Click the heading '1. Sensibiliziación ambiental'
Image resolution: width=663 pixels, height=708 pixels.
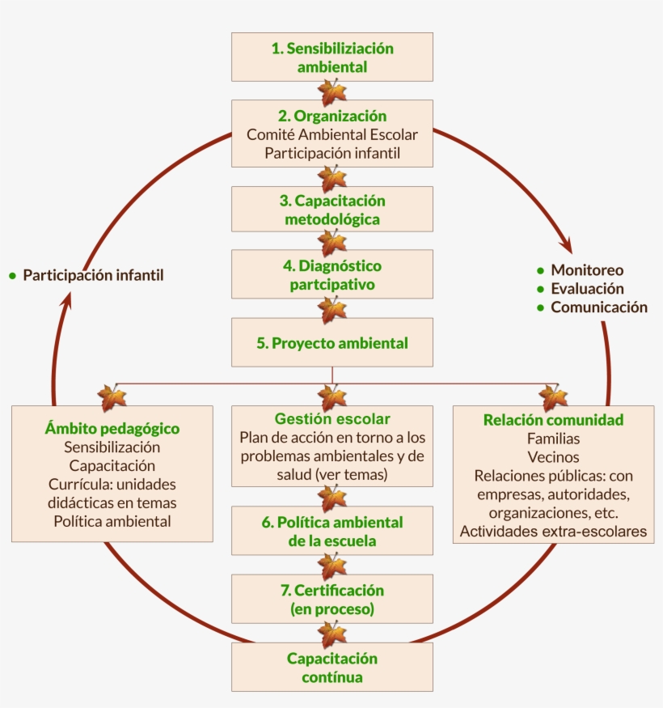pyautogui.click(x=331, y=57)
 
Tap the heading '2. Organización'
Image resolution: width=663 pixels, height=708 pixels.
pyautogui.click(x=331, y=116)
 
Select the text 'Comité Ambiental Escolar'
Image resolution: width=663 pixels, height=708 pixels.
pyautogui.click(x=331, y=134)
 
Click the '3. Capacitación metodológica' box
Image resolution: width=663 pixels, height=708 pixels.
pyautogui.click(x=331, y=209)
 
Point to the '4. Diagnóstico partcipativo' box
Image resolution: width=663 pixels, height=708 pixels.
pyautogui.click(x=331, y=275)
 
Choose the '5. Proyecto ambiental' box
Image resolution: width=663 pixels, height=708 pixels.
pyautogui.click(x=331, y=342)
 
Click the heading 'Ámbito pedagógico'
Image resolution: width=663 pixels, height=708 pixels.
pyautogui.click(x=112, y=428)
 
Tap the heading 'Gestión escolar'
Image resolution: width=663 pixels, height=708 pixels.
pyautogui.click(x=331, y=419)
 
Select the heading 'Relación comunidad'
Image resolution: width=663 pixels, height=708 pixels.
pyautogui.click(x=553, y=420)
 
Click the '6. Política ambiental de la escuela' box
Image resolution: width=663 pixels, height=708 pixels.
pyautogui.click(x=331, y=531)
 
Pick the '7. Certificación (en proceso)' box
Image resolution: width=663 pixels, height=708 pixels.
pyautogui.click(x=331, y=600)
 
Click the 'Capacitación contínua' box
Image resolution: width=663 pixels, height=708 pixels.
pyautogui.click(x=331, y=668)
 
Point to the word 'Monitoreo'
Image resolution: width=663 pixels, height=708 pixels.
pyautogui.click(x=587, y=270)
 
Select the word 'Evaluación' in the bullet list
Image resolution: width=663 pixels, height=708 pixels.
pyautogui.click(x=588, y=289)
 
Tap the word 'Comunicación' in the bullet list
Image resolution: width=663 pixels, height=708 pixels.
pyautogui.click(x=599, y=307)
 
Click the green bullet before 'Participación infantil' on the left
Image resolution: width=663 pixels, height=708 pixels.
pyautogui.click(x=12, y=276)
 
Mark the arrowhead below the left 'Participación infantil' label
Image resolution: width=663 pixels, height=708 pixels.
pyautogui.click(x=67, y=300)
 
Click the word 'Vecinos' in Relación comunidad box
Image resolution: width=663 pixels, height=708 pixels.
pyautogui.click(x=553, y=457)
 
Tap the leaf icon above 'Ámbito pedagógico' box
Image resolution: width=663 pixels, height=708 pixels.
pyautogui.click(x=112, y=397)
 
